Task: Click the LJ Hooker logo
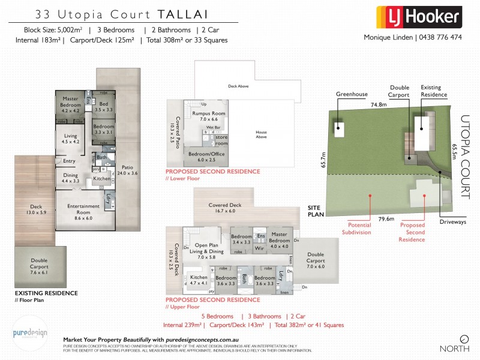point(418,17)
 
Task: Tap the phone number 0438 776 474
point(439,37)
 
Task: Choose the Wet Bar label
point(213,128)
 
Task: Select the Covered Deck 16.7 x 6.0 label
point(226,208)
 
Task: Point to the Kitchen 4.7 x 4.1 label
point(199,280)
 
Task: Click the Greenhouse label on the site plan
point(351,94)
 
